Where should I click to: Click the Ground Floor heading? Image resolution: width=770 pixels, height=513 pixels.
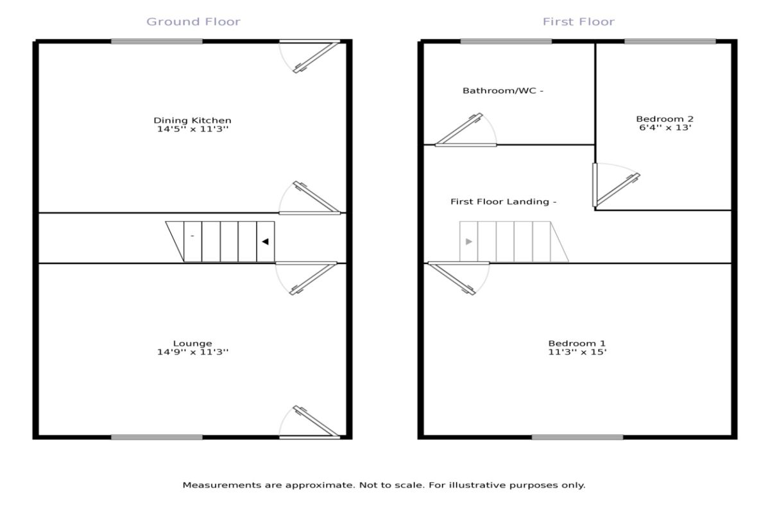click(x=194, y=22)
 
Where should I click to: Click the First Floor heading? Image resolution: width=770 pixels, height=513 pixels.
click(x=579, y=22)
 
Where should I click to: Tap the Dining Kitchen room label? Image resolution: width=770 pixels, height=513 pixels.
click(x=193, y=121)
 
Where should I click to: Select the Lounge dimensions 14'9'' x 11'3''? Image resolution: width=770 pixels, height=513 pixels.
click(x=193, y=352)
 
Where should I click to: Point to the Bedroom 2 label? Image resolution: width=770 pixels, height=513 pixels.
click(x=665, y=119)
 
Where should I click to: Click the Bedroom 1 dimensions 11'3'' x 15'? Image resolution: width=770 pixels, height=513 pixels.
click(x=577, y=352)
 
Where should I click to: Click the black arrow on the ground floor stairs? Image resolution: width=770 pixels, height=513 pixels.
click(x=265, y=242)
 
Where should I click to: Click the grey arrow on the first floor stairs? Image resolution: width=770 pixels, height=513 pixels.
click(x=469, y=242)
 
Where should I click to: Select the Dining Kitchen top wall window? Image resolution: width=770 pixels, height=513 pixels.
click(x=157, y=42)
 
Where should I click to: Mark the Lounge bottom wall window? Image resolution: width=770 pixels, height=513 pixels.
click(x=157, y=437)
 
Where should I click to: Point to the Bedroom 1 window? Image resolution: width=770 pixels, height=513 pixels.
click(x=577, y=437)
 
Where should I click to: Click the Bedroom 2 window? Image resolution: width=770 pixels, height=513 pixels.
click(x=671, y=42)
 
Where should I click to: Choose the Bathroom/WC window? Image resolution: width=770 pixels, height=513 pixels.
click(x=506, y=42)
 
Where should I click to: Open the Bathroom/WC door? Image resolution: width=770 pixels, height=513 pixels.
click(x=459, y=129)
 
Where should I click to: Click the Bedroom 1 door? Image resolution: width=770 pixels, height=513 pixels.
click(x=452, y=278)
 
